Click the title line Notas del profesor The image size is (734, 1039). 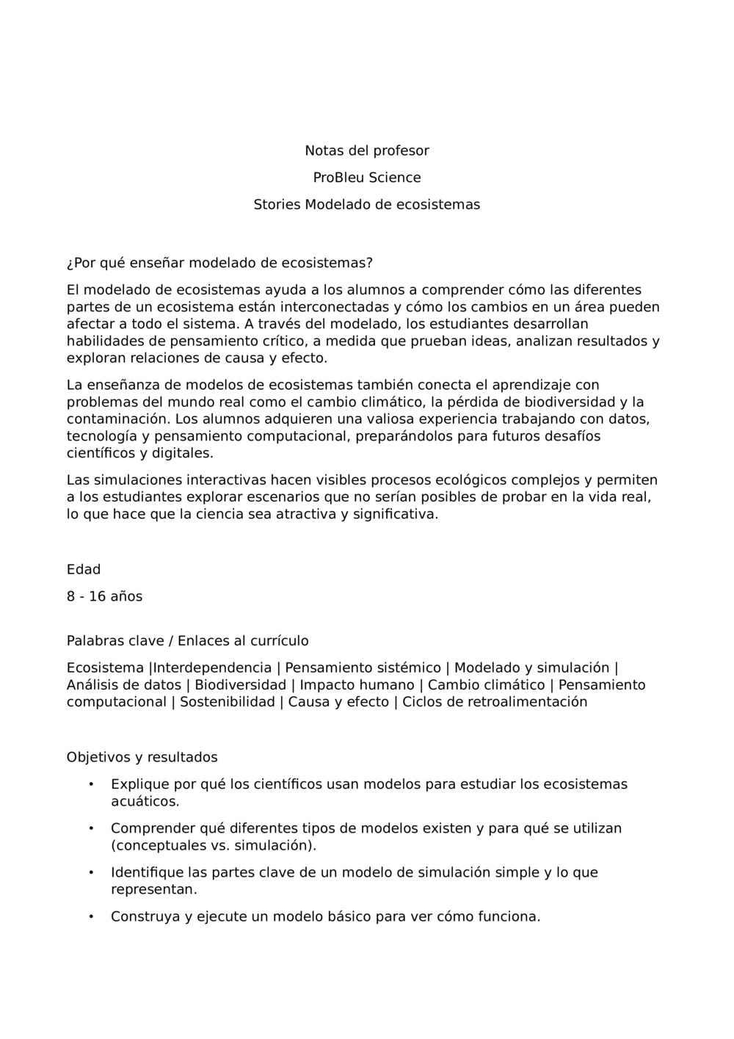(367, 151)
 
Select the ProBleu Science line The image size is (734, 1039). (367, 178)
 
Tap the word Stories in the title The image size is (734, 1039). (277, 205)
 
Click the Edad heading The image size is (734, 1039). (84, 569)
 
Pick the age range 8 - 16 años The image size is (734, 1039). (104, 596)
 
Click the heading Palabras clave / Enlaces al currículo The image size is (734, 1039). (187, 641)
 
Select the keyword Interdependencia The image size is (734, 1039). (212, 667)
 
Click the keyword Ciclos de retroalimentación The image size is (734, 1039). (495, 702)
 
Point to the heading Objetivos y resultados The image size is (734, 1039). (142, 757)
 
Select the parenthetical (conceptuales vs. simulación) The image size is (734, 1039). (214, 845)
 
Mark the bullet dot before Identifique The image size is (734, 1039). (91, 872)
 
